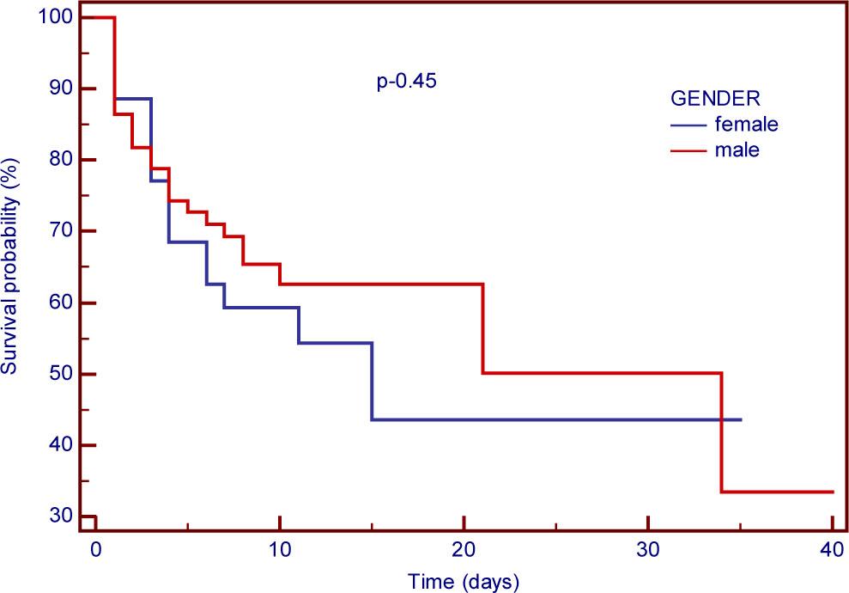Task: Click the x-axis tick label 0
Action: point(96,551)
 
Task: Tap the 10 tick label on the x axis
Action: point(280,551)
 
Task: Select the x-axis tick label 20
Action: point(464,551)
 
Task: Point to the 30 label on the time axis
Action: point(648,551)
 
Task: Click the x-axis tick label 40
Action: point(832,551)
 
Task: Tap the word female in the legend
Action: point(745,124)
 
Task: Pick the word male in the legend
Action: point(736,150)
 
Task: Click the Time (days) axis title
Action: point(464,581)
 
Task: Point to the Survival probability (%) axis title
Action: point(10,266)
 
